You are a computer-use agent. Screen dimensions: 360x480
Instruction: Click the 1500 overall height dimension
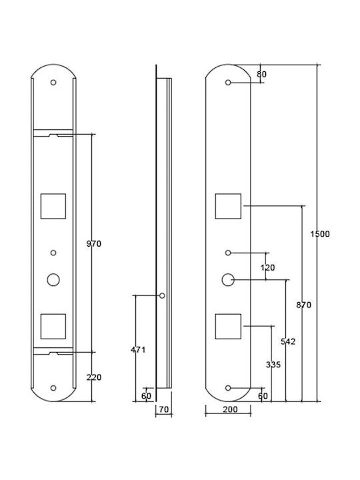pyautogui.click(x=320, y=234)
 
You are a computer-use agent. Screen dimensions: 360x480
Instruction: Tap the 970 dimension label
pyautogui.click(x=94, y=244)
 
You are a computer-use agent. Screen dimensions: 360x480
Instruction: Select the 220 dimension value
pyautogui.click(x=94, y=377)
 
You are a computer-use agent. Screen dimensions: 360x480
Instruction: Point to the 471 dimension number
pyautogui.click(x=138, y=350)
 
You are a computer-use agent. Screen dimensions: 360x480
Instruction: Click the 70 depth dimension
pyautogui.click(x=164, y=409)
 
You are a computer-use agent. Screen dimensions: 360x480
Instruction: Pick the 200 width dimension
pyautogui.click(x=230, y=409)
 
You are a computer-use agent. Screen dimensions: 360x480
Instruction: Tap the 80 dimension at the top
pyautogui.click(x=262, y=75)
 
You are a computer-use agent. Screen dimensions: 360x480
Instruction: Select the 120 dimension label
pyautogui.click(x=267, y=267)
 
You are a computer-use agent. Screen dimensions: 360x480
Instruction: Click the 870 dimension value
pyautogui.click(x=304, y=305)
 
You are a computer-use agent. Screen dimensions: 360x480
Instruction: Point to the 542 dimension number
pyautogui.click(x=288, y=341)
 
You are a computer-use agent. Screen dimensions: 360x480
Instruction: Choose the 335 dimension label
pyautogui.click(x=273, y=365)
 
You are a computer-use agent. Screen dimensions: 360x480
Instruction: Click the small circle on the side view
pyautogui.click(x=162, y=296)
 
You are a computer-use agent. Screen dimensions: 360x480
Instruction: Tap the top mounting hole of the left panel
pyautogui.click(x=53, y=83)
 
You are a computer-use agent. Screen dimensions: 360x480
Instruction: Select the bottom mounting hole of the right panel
pyautogui.click(x=228, y=388)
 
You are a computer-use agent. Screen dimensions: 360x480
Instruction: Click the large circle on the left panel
pyautogui.click(x=53, y=280)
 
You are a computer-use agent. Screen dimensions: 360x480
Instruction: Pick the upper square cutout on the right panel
pyautogui.click(x=228, y=206)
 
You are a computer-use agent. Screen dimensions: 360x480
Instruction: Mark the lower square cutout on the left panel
pyautogui.click(x=53, y=326)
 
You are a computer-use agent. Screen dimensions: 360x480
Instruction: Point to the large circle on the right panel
pyautogui.click(x=228, y=280)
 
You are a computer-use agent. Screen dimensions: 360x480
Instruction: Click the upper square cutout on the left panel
pyautogui.click(x=53, y=206)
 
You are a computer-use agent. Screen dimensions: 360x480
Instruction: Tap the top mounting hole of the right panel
pyautogui.click(x=228, y=83)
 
